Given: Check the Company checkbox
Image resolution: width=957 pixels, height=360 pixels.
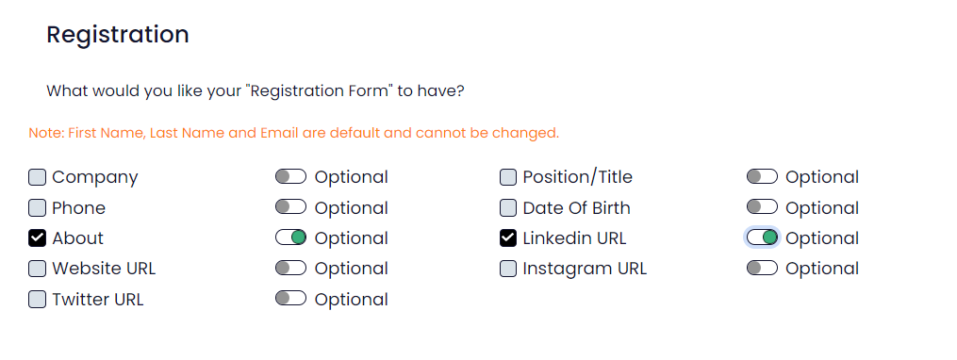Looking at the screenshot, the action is click(x=37, y=177).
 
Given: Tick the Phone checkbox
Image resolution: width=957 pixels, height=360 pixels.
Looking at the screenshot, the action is click(x=37, y=208).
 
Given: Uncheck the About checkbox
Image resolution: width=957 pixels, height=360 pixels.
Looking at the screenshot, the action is click(x=37, y=238).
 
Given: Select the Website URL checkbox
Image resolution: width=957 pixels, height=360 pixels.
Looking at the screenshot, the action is click(x=37, y=269).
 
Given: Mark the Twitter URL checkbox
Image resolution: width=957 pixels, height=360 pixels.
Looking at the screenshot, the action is click(x=37, y=300).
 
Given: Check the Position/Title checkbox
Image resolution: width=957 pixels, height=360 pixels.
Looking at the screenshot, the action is click(x=508, y=177).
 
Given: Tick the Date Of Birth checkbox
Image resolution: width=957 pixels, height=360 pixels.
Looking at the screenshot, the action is click(x=508, y=208).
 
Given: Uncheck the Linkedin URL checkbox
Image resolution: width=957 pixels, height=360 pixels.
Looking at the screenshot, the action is click(x=508, y=238).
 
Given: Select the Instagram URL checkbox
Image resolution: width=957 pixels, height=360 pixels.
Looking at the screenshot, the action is click(x=508, y=269).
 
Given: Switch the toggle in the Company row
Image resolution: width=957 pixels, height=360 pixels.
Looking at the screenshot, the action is click(x=290, y=176).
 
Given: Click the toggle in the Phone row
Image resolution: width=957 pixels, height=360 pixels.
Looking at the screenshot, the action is click(x=290, y=206).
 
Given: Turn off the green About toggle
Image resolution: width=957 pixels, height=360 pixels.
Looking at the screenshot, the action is click(x=290, y=237).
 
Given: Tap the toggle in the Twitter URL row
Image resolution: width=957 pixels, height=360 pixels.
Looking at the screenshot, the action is click(x=290, y=298).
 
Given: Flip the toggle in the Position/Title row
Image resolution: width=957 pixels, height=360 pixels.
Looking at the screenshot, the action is click(x=762, y=176).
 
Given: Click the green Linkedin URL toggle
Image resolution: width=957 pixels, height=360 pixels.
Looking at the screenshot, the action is click(x=762, y=237).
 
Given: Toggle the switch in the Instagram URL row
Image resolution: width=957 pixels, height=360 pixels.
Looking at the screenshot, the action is click(x=762, y=268).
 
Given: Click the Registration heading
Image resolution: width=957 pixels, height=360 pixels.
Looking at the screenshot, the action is click(x=118, y=35).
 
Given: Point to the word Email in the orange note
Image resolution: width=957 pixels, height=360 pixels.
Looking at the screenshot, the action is click(x=279, y=132).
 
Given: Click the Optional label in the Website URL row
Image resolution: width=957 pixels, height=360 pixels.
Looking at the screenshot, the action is click(x=351, y=270).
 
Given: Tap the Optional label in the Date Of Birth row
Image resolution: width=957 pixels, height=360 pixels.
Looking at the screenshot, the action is click(x=822, y=208).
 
